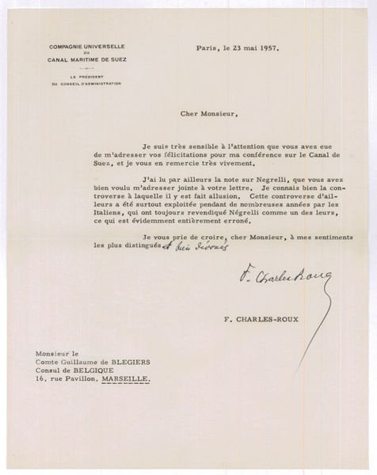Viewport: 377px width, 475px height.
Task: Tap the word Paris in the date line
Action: click(208, 47)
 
